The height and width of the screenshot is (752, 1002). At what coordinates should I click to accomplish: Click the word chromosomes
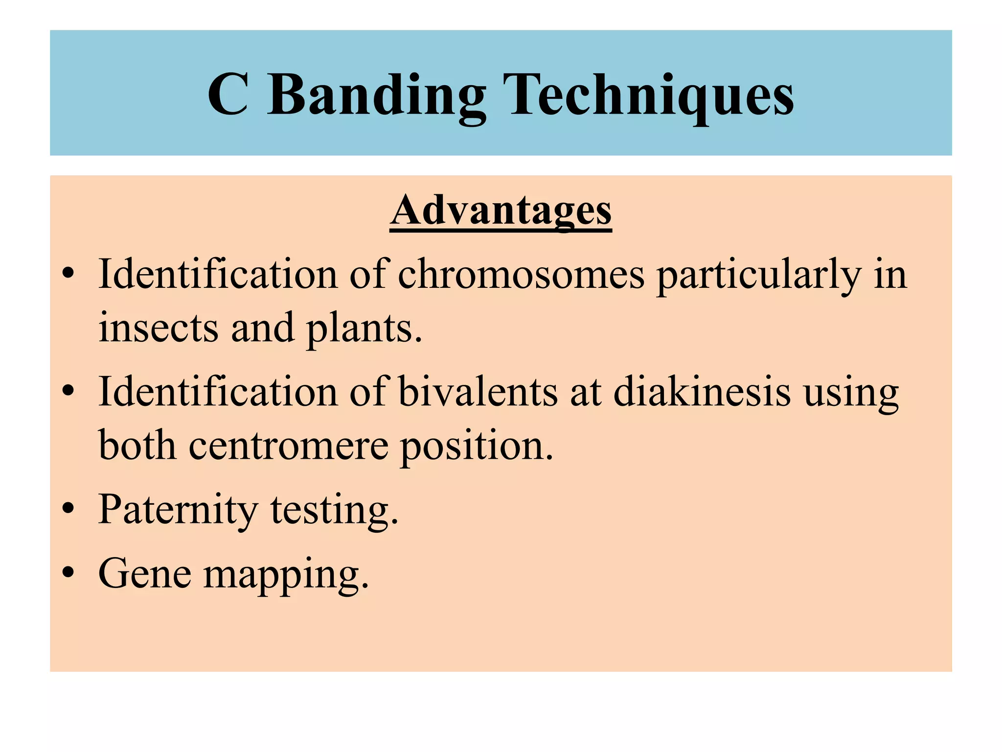(x=521, y=274)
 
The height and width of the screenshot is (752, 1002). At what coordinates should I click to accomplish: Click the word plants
(x=364, y=329)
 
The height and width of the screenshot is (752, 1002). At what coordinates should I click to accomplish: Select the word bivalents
(x=478, y=392)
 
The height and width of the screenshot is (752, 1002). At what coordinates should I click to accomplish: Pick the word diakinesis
(x=702, y=392)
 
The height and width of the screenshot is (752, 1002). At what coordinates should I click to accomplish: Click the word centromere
(x=289, y=446)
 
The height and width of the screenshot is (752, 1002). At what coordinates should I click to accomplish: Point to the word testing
(x=335, y=511)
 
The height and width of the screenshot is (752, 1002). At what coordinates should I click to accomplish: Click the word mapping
(x=286, y=576)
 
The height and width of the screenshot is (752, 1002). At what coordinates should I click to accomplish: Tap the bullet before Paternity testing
(x=68, y=509)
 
